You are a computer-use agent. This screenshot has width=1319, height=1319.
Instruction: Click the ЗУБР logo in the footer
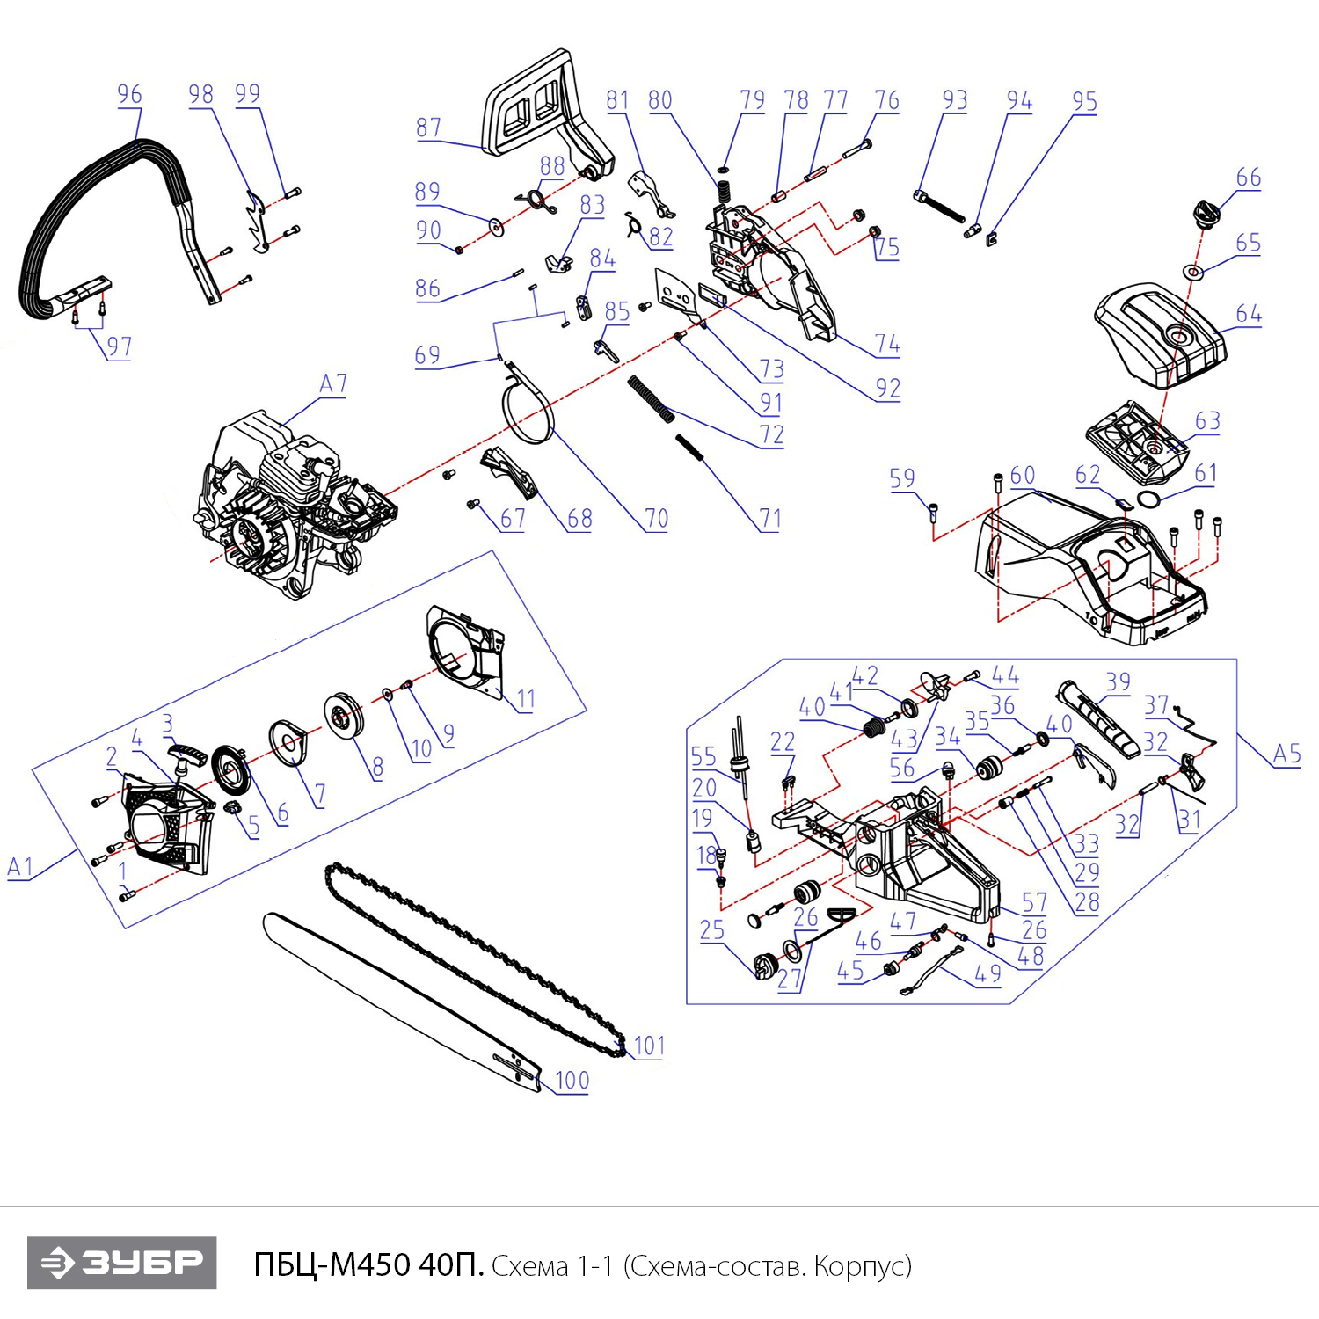[121, 1263]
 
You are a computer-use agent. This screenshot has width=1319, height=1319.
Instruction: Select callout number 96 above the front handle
[129, 94]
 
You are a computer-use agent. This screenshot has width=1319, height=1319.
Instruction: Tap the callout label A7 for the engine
[332, 383]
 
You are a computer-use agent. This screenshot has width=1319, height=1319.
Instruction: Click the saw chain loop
[475, 958]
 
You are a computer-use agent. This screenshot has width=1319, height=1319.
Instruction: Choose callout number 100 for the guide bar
[572, 1080]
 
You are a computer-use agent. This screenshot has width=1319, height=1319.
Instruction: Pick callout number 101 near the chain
[649, 1046]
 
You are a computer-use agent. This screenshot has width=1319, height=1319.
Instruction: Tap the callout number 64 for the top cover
[1248, 314]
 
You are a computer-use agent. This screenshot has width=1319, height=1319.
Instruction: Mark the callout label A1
[19, 867]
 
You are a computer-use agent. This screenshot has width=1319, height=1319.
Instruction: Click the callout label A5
[1286, 754]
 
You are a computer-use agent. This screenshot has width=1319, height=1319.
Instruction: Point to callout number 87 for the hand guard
[428, 128]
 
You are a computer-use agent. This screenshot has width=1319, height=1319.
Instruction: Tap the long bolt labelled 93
[939, 208]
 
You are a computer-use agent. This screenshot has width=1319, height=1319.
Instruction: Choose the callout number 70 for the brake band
[656, 519]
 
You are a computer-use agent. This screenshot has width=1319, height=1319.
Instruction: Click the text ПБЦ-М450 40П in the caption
[368, 1265]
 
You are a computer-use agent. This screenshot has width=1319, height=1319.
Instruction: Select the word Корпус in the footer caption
[861, 1266]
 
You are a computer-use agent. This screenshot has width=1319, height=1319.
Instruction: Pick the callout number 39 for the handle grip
[1118, 681]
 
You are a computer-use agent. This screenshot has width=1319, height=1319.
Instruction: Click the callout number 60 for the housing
[1022, 476]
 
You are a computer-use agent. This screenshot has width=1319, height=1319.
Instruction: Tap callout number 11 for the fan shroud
[525, 699]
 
